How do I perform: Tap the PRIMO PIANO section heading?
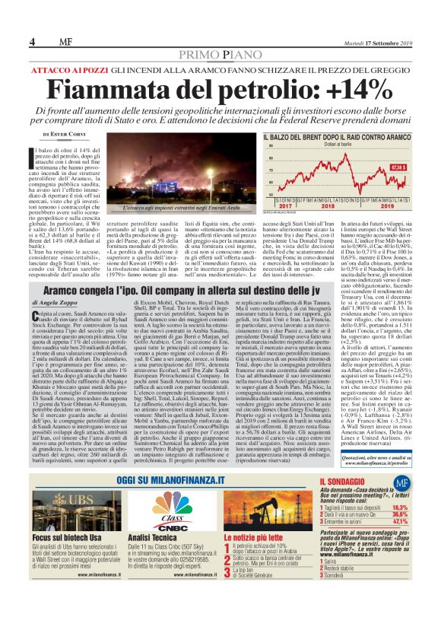coord(220,56)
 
